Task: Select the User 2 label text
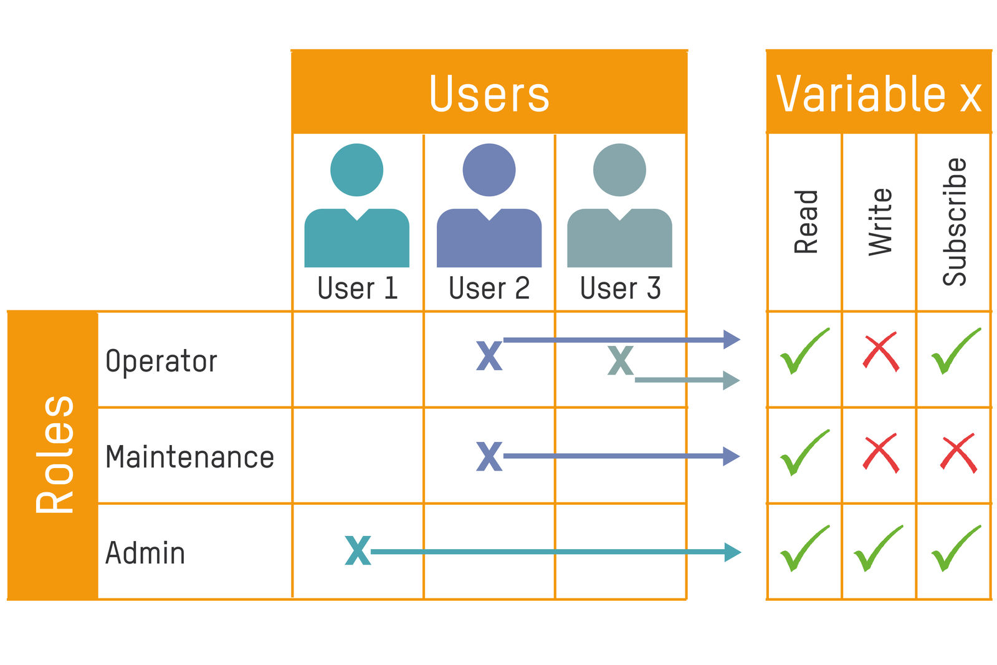point(489,289)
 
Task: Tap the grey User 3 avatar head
point(619,170)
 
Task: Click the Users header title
point(489,93)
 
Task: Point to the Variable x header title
point(879,93)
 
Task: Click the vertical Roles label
point(55,455)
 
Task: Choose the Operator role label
point(161,361)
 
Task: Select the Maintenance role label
point(189,457)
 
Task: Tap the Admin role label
point(145,553)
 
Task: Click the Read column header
point(806,222)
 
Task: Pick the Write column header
point(880,222)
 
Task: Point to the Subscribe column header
point(954,222)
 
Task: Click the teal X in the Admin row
point(358,550)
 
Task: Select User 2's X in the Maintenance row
point(489,456)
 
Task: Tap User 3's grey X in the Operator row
point(621,360)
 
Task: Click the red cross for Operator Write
point(880,352)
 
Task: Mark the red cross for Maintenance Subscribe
point(958,453)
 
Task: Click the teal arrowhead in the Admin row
point(732,552)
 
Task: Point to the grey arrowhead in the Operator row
point(731,380)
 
